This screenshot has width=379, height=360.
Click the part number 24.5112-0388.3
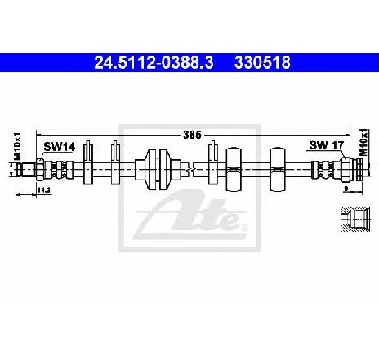[154, 63]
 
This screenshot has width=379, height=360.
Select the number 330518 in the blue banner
[262, 63]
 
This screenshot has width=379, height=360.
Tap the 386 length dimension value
[192, 135]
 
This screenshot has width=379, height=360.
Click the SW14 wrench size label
[60, 147]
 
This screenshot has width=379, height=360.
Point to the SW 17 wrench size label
[327, 145]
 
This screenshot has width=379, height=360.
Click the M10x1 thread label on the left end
[17, 146]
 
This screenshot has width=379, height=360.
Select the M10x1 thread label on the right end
[363, 142]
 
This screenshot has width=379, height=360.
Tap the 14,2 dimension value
[44, 190]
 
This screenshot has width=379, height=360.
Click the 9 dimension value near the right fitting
[346, 188]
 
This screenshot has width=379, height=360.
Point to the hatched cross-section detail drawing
[355, 220]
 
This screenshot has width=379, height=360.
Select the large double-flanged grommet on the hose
[158, 169]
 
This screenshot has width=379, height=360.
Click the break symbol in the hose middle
[189, 169]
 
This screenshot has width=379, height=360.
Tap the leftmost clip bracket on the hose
[88, 162]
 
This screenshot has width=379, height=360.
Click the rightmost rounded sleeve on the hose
[278, 169]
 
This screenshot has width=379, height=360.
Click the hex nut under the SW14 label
[40, 169]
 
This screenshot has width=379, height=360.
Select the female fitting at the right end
[351, 169]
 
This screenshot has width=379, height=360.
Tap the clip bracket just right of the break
[213, 162]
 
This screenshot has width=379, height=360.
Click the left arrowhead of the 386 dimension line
[38, 135]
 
